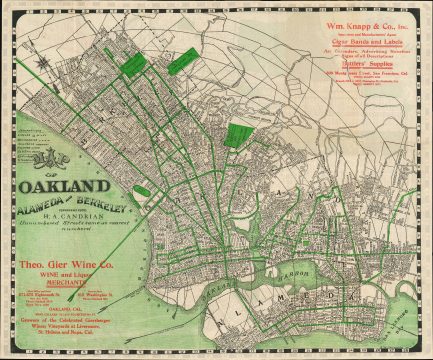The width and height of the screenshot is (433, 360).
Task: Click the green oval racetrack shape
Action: [x=142, y=191]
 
